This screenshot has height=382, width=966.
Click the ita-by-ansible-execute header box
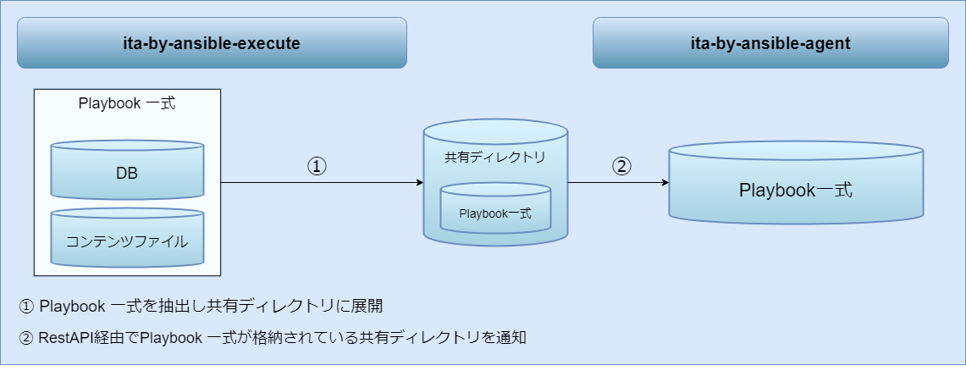click(x=212, y=43)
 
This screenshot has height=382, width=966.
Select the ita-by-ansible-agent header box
click(x=770, y=43)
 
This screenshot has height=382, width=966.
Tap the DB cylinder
click(x=127, y=172)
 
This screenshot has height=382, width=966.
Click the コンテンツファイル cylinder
click(x=127, y=240)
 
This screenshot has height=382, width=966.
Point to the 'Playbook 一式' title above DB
click(x=127, y=103)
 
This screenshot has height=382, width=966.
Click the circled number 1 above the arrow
click(x=317, y=167)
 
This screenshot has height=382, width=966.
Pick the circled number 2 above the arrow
click(x=621, y=167)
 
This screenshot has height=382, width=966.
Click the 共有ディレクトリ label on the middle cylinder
click(x=494, y=157)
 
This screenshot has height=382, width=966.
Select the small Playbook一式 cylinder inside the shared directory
click(x=495, y=212)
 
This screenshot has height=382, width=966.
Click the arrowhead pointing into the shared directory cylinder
click(x=418, y=182)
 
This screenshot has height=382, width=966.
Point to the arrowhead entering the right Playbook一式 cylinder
click(x=665, y=182)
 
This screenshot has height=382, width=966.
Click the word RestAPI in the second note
click(x=66, y=338)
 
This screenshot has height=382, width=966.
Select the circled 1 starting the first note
click(x=25, y=305)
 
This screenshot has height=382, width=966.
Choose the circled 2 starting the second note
click(x=25, y=338)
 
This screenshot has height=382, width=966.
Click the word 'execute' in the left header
click(x=264, y=43)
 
